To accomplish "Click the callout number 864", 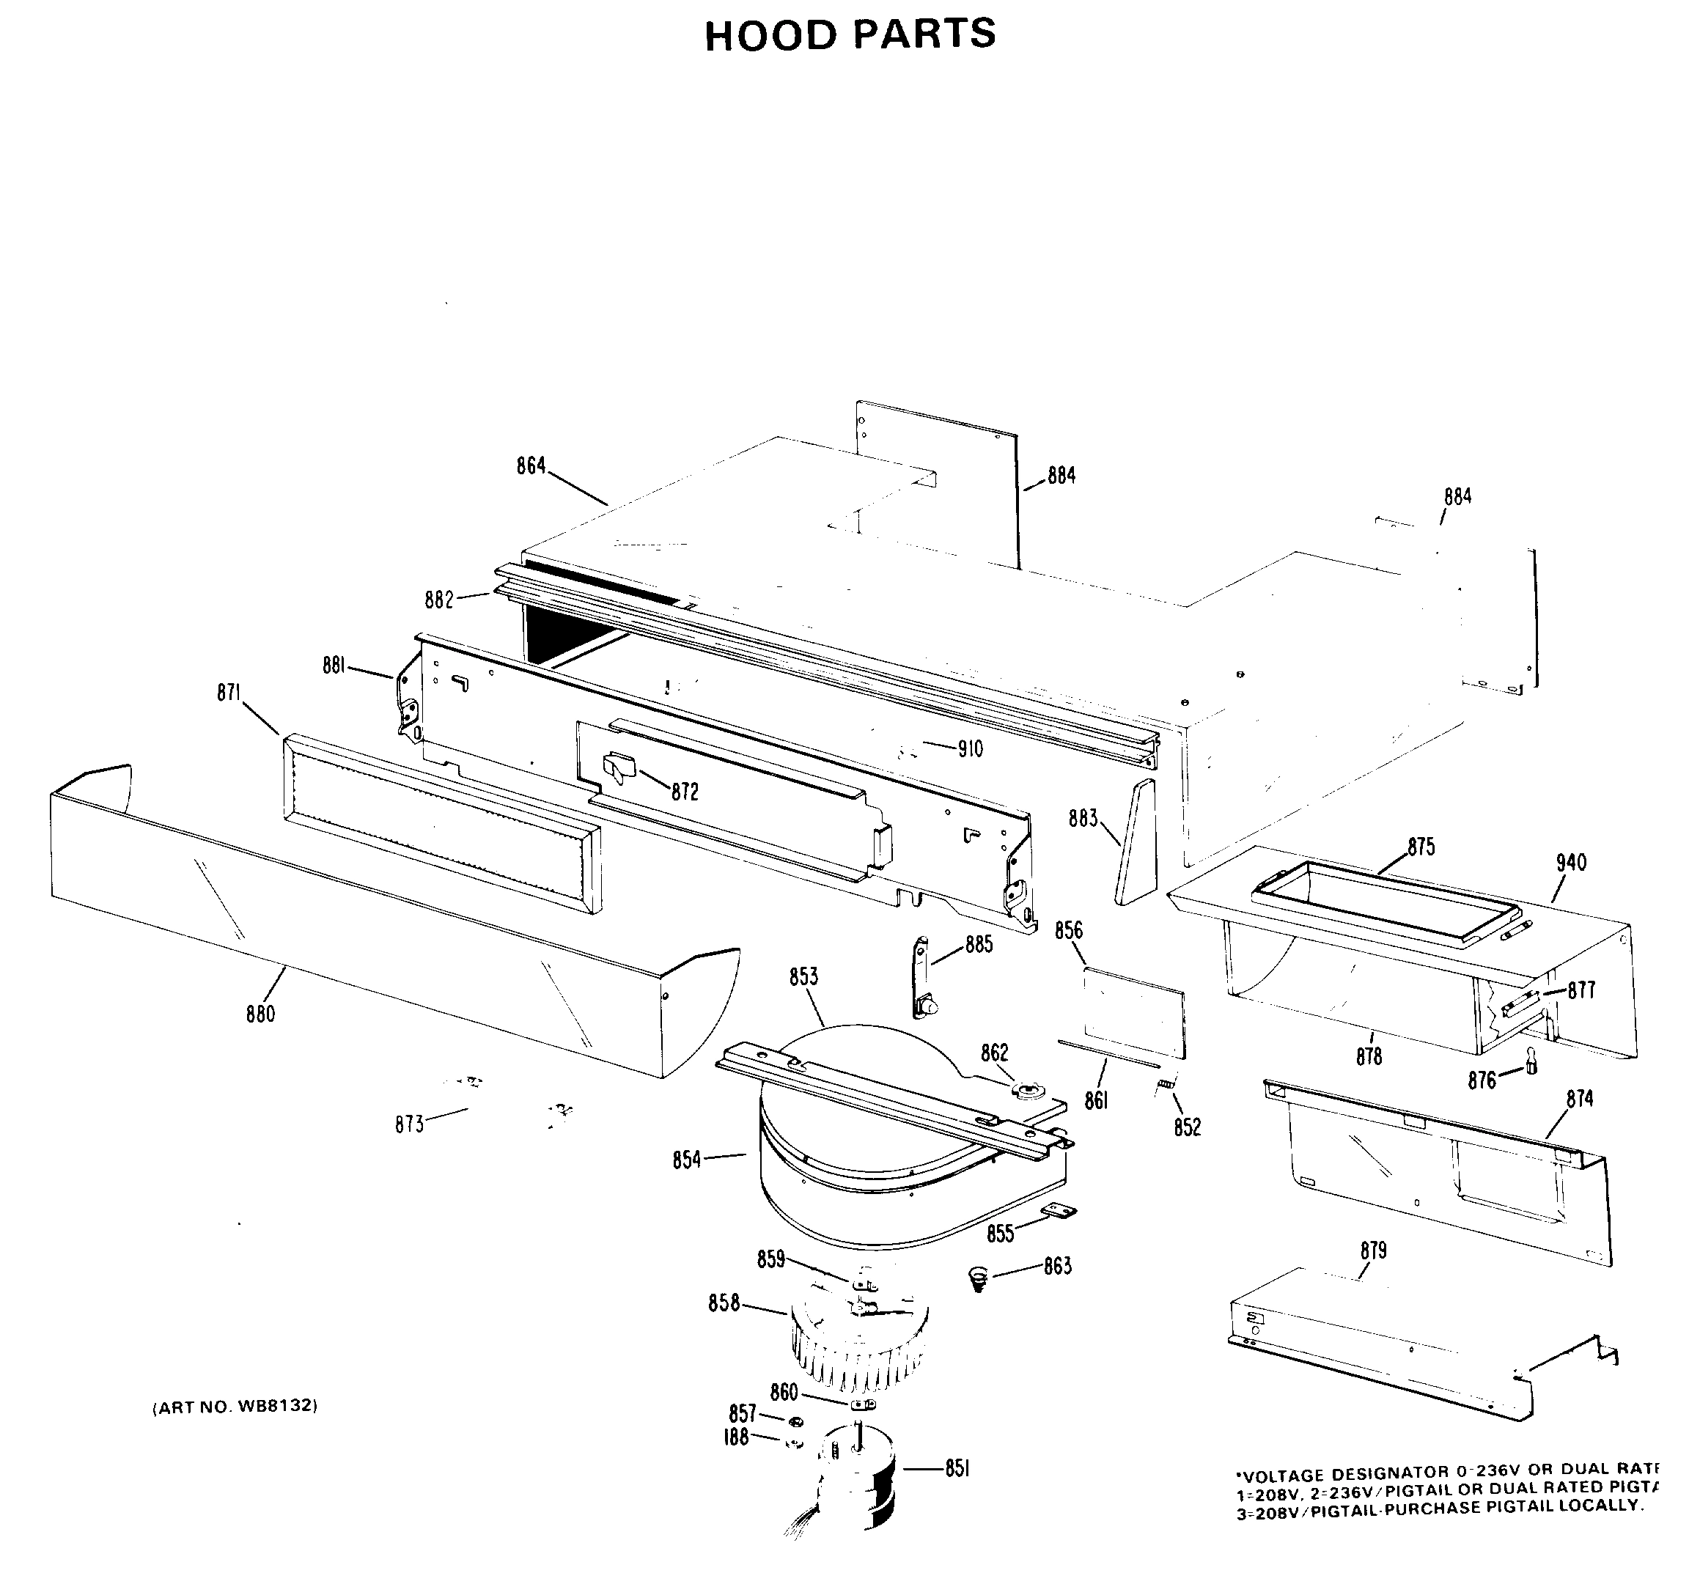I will pos(531,466).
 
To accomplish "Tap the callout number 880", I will pos(260,1014).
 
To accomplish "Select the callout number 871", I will pos(228,693).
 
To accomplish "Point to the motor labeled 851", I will pos(859,1479).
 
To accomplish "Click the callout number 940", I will pos(1571,862).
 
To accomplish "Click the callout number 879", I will pos(1372,1250).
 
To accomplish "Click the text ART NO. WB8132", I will pos(235,1406).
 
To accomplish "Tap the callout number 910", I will pos(970,749).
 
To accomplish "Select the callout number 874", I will pos(1579,1099).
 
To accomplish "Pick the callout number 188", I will pos(736,1437).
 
